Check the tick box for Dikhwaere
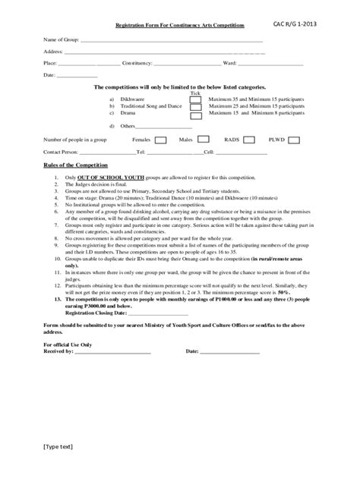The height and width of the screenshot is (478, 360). point(196,99)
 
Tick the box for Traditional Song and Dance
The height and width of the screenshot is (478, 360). point(196,108)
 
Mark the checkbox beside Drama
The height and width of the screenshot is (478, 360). point(196,116)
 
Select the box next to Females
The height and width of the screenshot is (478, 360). point(160,140)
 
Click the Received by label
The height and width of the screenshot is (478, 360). point(58,352)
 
